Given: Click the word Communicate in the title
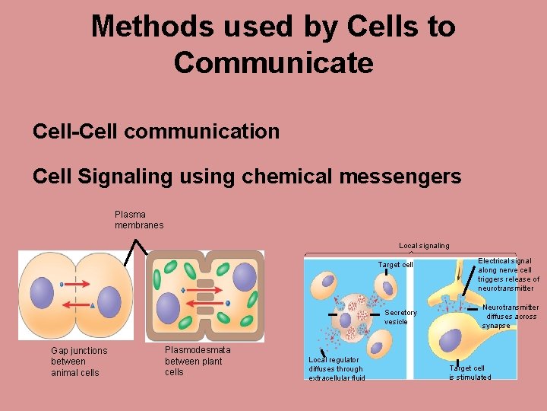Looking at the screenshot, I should pyautogui.click(x=273, y=62).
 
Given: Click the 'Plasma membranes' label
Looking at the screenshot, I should pyautogui.click(x=139, y=220).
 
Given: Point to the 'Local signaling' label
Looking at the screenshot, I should pyautogui.click(x=424, y=245).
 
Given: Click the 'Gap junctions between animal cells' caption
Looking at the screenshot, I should pyautogui.click(x=79, y=362).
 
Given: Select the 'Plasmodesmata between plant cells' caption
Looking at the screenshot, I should pyautogui.click(x=198, y=361).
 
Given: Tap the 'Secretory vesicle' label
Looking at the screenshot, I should pyautogui.click(x=400, y=317).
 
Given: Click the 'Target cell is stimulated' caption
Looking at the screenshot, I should pyautogui.click(x=470, y=372).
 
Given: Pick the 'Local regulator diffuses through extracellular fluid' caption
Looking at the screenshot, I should pyautogui.click(x=337, y=368).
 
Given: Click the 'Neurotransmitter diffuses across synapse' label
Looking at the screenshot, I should pyautogui.click(x=510, y=316).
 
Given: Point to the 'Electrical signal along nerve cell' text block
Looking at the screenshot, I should pyautogui.click(x=508, y=275).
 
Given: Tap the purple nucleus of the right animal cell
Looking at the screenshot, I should pyautogui.click(x=109, y=301).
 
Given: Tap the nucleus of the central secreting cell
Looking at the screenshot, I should pyautogui.click(x=348, y=307).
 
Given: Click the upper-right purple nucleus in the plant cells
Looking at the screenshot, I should pyautogui.click(x=244, y=276).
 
